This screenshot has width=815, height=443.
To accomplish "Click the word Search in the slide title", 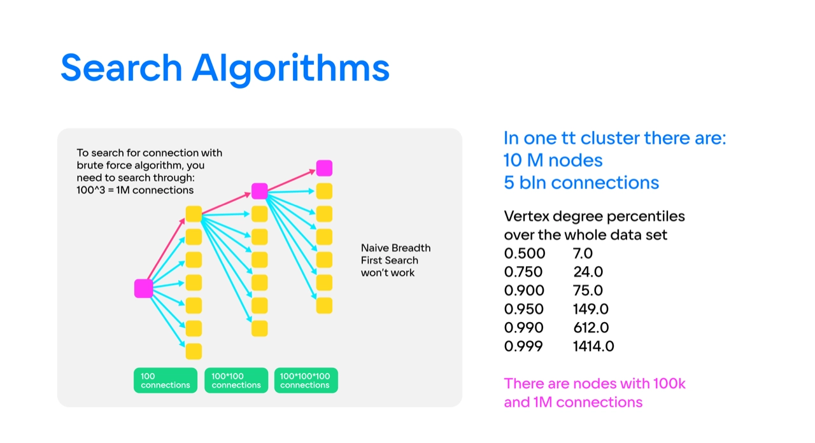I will click(x=121, y=67).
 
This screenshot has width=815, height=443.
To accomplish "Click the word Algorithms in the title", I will click(x=290, y=69).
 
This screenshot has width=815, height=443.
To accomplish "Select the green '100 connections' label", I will click(x=166, y=381).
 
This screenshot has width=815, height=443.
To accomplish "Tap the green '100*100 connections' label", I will click(x=236, y=381).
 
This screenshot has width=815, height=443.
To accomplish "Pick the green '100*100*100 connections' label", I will click(x=306, y=381).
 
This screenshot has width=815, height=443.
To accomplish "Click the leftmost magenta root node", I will click(x=143, y=288).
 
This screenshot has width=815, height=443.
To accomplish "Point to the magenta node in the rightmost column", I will click(x=324, y=168).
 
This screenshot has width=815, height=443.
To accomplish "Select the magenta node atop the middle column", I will click(x=259, y=191).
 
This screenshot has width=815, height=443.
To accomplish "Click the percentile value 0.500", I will click(x=525, y=253).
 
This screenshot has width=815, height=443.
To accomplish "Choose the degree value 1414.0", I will click(x=593, y=346).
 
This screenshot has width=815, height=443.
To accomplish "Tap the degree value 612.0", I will click(x=591, y=328).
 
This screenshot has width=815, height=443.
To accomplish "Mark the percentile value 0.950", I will click(x=524, y=309).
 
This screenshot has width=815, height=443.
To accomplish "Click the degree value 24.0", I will click(x=588, y=272).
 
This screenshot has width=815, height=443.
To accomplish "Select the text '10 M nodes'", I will click(x=553, y=160).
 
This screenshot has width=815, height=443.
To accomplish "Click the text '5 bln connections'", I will click(x=581, y=183).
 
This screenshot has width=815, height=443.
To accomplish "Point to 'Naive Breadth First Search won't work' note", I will click(x=395, y=260).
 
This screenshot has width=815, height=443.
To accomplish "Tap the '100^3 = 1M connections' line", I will click(x=135, y=190).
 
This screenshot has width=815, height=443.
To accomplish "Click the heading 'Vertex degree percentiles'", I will click(x=594, y=216).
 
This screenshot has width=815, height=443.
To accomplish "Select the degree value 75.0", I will click(x=588, y=291).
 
